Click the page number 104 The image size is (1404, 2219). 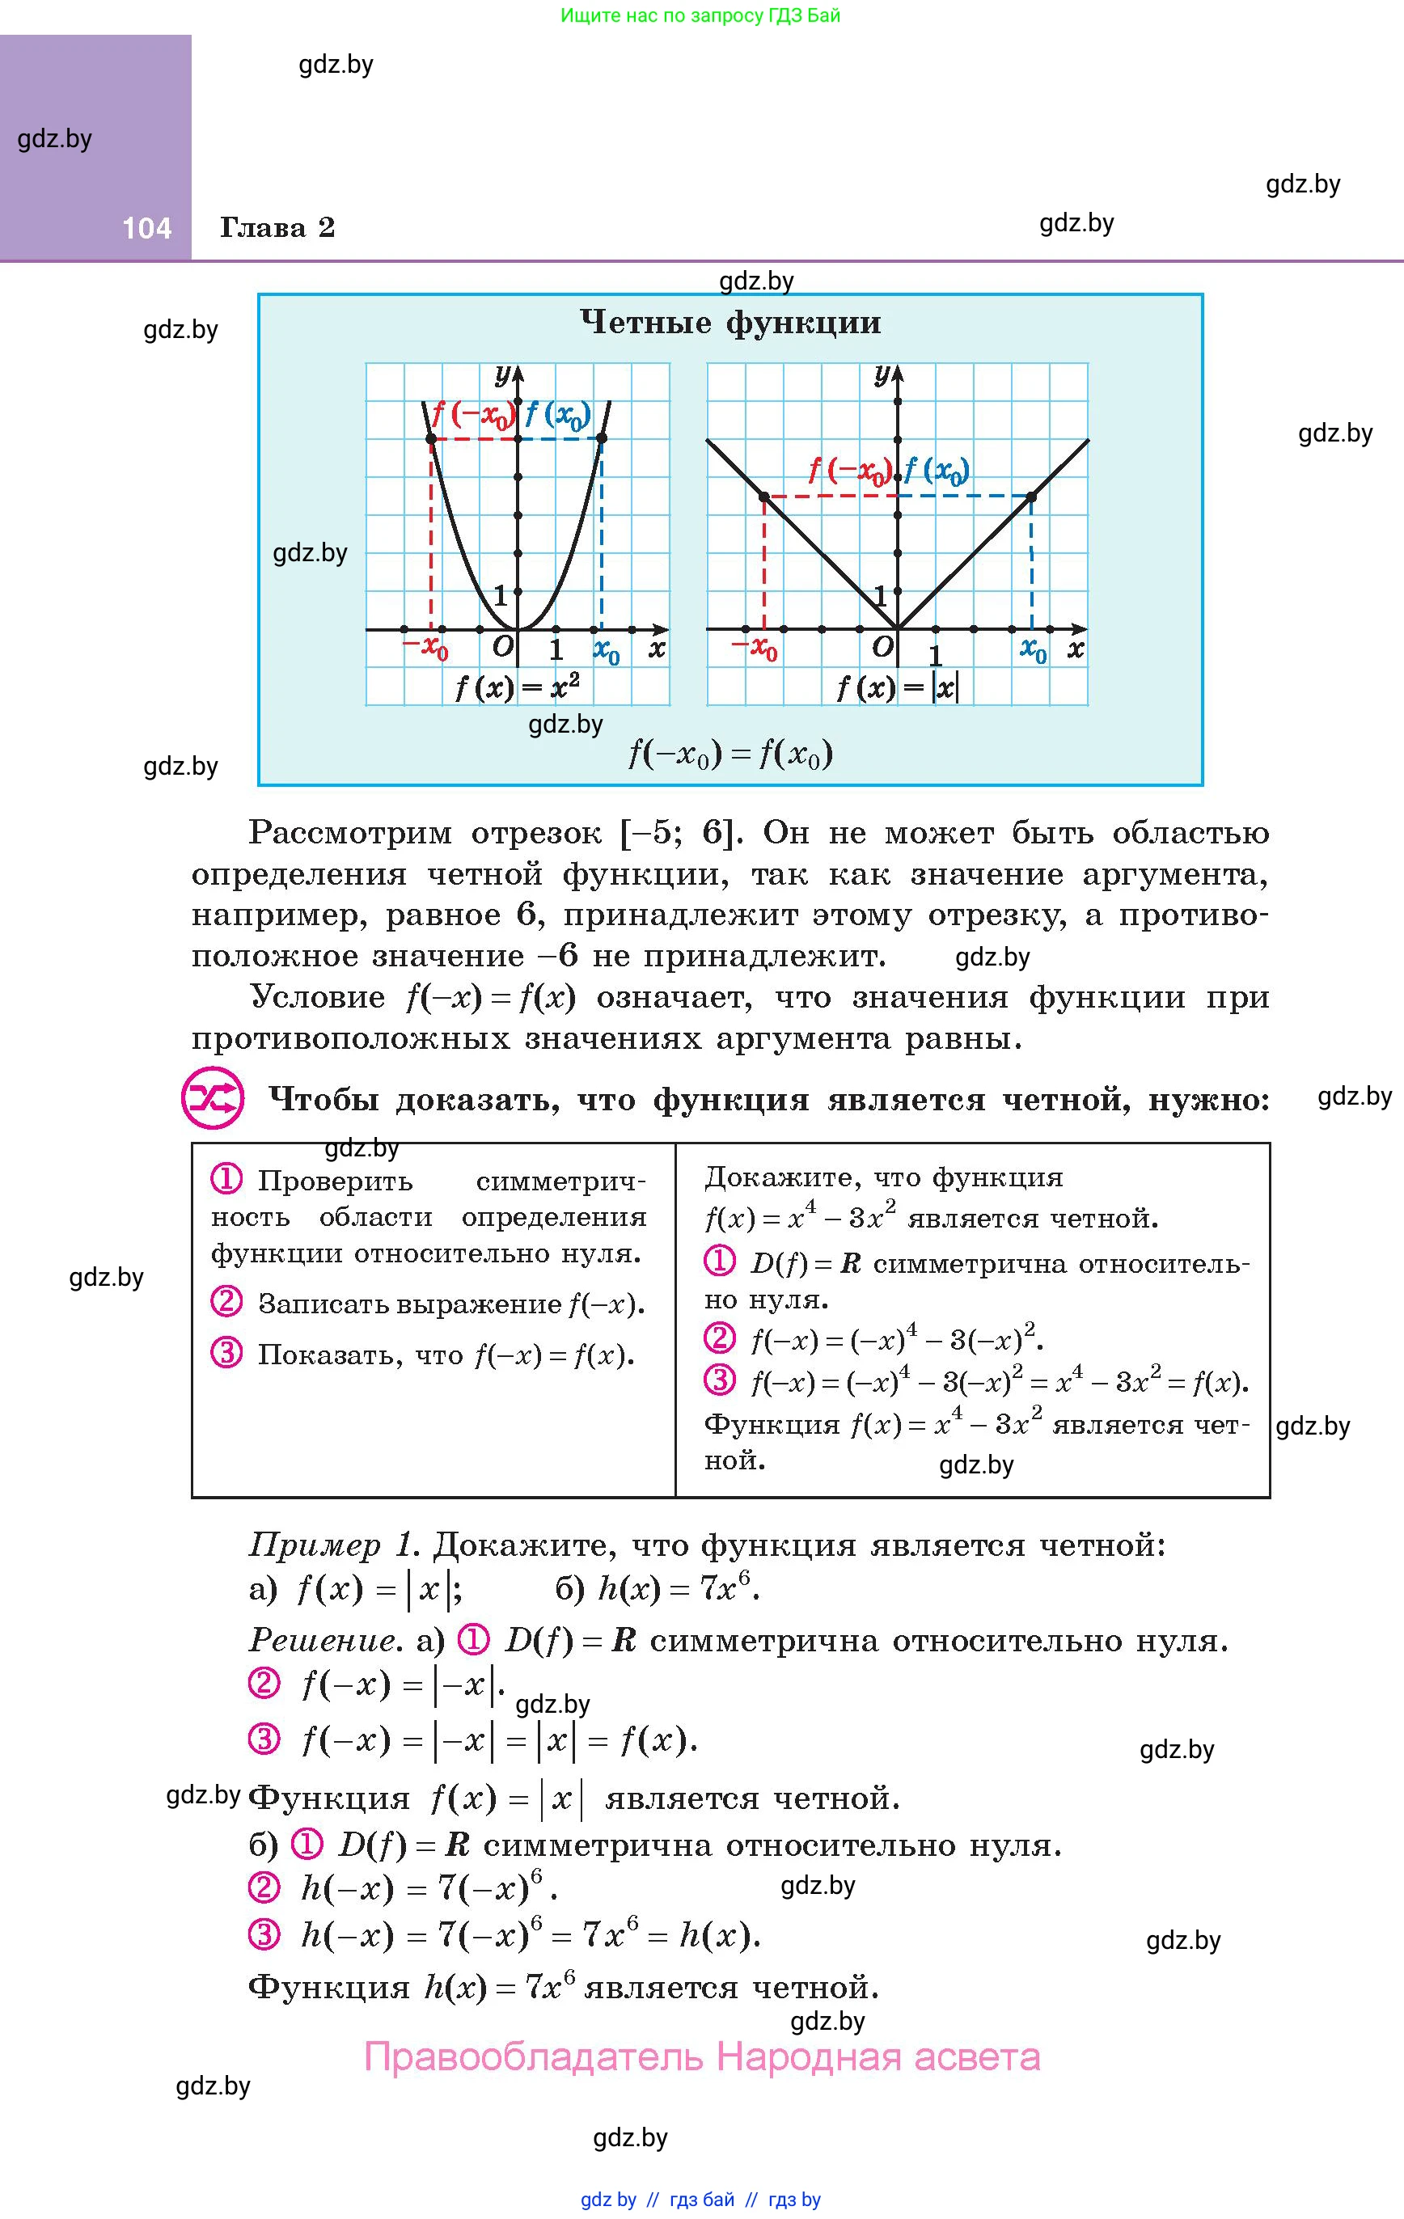tap(146, 227)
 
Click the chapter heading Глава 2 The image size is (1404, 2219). tap(277, 227)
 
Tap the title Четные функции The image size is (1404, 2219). tap(730, 323)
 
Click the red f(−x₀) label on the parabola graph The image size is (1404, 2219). tap(472, 416)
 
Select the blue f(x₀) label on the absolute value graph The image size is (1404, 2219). tap(937, 471)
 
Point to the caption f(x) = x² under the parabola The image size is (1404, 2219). tap(517, 687)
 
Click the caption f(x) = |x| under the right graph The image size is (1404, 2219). tap(897, 687)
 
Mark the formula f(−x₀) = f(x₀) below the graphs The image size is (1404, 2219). tap(730, 754)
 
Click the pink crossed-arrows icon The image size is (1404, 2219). tap(213, 1098)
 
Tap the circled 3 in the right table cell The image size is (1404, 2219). tap(719, 1380)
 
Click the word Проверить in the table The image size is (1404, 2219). tap(335, 1181)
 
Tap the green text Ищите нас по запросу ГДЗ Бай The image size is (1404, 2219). tap(700, 15)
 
